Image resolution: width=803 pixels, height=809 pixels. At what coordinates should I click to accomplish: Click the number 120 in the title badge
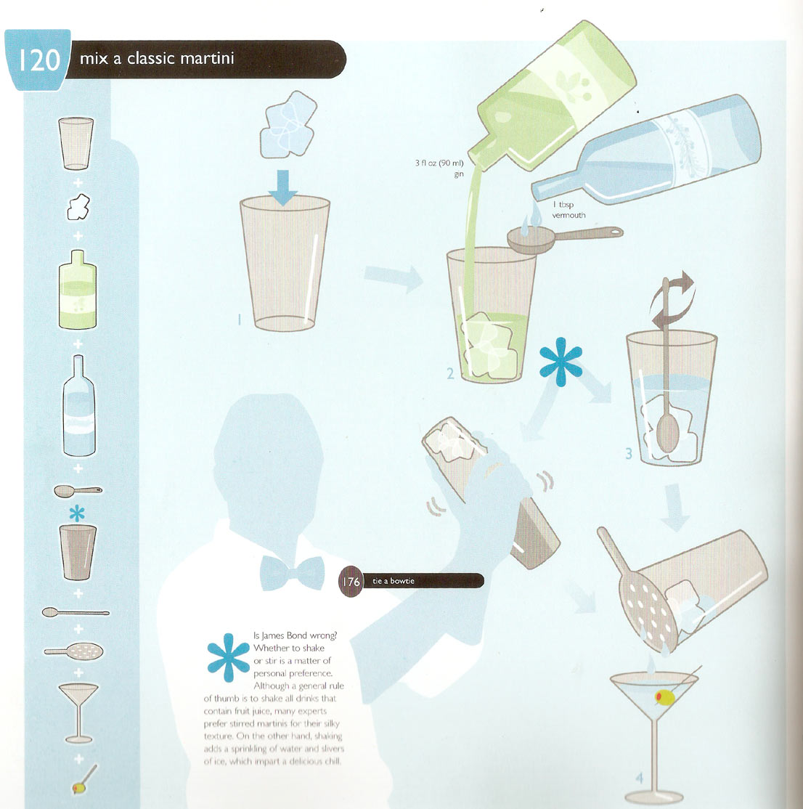pyautogui.click(x=38, y=60)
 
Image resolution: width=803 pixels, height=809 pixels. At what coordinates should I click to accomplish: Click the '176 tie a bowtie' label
pyautogui.click(x=411, y=581)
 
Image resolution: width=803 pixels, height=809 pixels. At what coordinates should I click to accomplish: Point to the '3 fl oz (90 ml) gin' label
pyautogui.click(x=439, y=168)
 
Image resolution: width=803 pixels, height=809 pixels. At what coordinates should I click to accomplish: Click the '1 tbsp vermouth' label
pyautogui.click(x=568, y=210)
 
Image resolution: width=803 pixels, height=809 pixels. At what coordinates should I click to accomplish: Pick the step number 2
pyautogui.click(x=451, y=375)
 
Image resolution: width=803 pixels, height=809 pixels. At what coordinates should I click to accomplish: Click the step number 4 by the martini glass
pyautogui.click(x=639, y=778)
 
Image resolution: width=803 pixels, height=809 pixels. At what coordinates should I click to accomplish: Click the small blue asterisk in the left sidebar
pyautogui.click(x=78, y=513)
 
